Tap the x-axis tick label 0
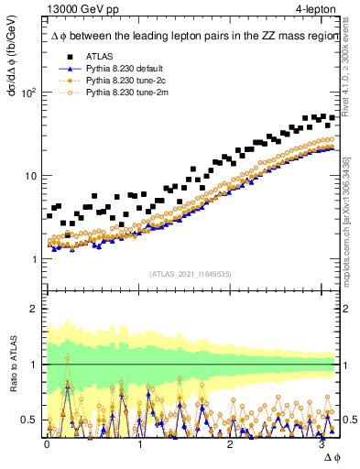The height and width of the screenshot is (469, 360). pos(47,443)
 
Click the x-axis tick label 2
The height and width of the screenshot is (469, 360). pos(231,443)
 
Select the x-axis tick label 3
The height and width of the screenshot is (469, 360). pos(323,443)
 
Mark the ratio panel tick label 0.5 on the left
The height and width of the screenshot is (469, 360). pos(27,420)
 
